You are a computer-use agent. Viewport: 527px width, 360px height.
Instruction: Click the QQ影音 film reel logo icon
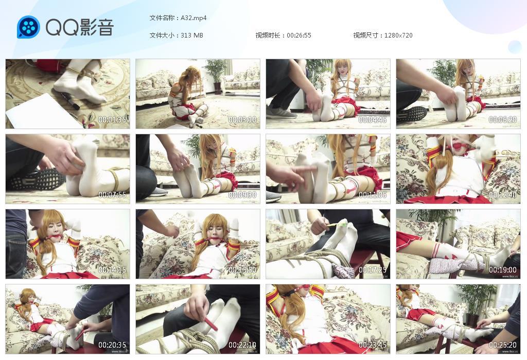point(29,27)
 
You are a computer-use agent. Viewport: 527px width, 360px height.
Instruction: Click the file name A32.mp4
point(194,18)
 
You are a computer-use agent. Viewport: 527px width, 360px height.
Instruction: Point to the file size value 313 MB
point(192,35)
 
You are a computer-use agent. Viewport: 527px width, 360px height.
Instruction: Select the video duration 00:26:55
point(299,35)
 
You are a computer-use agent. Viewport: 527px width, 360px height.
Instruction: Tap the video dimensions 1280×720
point(398,35)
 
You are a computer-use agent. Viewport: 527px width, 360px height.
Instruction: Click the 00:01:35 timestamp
point(112,119)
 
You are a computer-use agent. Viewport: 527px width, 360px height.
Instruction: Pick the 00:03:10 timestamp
point(242,119)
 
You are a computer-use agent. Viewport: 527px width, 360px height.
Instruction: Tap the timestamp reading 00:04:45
point(373,119)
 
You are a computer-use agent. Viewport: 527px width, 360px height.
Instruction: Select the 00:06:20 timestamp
point(503,119)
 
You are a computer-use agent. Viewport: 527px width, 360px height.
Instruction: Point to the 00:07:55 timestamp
point(112,195)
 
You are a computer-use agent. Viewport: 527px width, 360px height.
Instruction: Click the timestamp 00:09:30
point(242,195)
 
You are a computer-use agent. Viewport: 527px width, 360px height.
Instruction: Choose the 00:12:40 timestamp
point(503,195)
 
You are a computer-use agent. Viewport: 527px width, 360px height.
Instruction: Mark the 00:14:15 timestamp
point(112,270)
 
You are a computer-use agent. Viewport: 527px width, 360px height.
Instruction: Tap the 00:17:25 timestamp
point(373,270)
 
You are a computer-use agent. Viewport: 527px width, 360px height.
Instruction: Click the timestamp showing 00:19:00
point(503,270)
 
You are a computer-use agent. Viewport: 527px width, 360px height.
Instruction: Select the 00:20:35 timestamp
point(112,345)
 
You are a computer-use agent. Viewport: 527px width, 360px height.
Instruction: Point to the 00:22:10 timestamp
point(242,345)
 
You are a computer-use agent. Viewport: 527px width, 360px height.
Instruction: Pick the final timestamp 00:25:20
point(503,345)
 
